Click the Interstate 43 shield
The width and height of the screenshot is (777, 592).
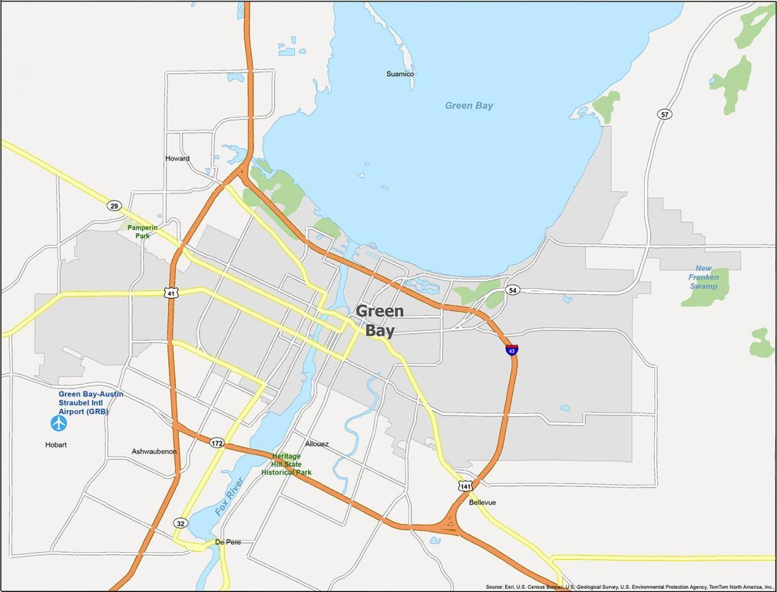click(x=512, y=350)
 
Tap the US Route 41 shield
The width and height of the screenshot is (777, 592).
click(x=172, y=293)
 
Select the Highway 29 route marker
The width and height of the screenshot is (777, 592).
click(x=114, y=206)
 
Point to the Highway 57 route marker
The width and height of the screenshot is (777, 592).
click(x=664, y=114)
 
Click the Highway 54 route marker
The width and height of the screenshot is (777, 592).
click(x=513, y=290)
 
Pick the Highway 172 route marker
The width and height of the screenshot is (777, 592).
click(x=216, y=443)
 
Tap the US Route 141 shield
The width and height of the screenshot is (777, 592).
click(x=465, y=486)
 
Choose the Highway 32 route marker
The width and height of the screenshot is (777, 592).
click(x=180, y=523)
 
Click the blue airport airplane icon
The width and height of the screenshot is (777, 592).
click(x=59, y=423)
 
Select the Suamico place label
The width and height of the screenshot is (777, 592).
click(x=400, y=74)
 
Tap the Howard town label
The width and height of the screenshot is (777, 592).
click(x=178, y=158)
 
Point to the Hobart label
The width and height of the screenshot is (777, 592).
click(x=56, y=445)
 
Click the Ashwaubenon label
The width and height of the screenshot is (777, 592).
click(x=154, y=451)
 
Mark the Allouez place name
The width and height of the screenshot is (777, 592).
click(x=317, y=443)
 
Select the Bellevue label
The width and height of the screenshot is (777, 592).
click(x=482, y=502)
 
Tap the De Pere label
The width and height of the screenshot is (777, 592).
click(x=228, y=542)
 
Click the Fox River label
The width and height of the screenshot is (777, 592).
click(x=230, y=496)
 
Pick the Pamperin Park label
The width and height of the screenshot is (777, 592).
click(x=143, y=232)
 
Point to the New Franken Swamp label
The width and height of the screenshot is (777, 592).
click(x=704, y=277)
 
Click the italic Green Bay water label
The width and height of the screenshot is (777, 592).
click(x=469, y=106)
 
